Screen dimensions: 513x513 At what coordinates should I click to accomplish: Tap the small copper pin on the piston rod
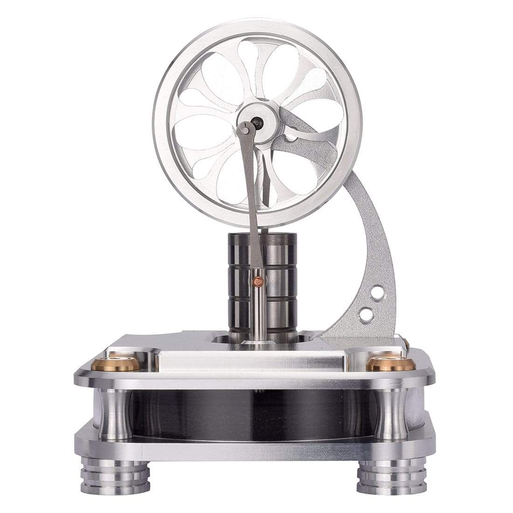(x=256, y=281)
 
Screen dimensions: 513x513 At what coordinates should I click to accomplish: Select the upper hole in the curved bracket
(x=377, y=293)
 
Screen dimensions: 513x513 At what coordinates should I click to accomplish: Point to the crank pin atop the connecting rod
(x=244, y=130)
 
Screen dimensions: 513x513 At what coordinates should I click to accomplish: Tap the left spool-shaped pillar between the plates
(x=115, y=414)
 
